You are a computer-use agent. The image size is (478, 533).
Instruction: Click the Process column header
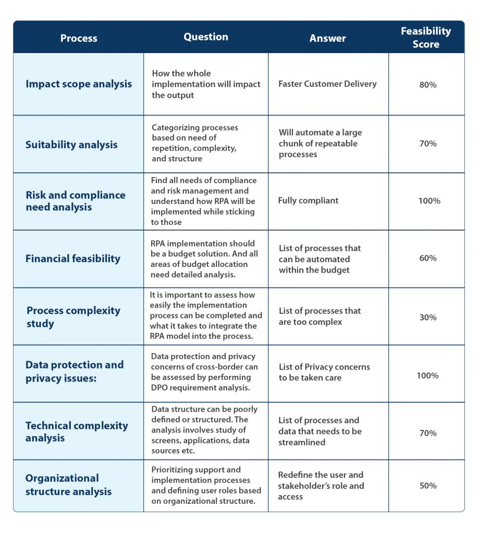pyautogui.click(x=79, y=38)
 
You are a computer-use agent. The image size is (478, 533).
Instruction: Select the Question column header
pyautogui.click(x=205, y=37)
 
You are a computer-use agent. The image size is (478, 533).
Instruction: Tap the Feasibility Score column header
pyautogui.click(x=425, y=37)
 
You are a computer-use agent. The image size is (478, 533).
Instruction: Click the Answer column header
pyautogui.click(x=327, y=38)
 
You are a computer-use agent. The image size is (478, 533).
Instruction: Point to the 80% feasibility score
pyautogui.click(x=428, y=85)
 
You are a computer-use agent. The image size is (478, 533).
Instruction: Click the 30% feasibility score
pyautogui.click(x=428, y=318)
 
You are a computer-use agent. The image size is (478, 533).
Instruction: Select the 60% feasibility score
pyautogui.click(x=428, y=258)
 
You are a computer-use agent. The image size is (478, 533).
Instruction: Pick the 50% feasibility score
pyautogui.click(x=428, y=486)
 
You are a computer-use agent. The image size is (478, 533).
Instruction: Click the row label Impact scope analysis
pyautogui.click(x=79, y=84)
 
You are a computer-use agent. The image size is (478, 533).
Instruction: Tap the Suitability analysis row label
pyautogui.click(x=71, y=145)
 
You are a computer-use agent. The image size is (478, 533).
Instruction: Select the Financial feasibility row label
pyautogui.click(x=73, y=259)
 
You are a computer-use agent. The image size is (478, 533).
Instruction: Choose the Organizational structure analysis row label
pyautogui.click(x=68, y=485)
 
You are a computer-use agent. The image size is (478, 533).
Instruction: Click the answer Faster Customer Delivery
pyautogui.click(x=327, y=84)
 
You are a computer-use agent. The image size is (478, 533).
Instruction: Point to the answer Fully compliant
pyautogui.click(x=308, y=200)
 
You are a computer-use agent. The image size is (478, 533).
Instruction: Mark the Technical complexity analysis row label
pyautogui.click(x=77, y=432)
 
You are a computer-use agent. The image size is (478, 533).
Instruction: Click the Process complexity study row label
pyautogui.click(x=73, y=317)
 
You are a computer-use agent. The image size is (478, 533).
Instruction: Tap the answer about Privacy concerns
pyautogui.click(x=324, y=372)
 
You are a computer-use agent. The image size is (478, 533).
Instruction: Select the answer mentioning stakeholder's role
pyautogui.click(x=321, y=486)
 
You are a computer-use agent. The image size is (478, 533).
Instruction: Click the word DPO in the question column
pyautogui.click(x=159, y=387)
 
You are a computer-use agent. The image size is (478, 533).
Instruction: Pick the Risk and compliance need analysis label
pyautogui.click(x=76, y=201)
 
